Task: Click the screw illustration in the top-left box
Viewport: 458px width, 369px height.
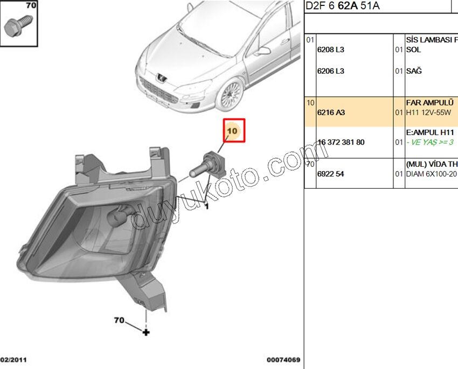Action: [x=18, y=26]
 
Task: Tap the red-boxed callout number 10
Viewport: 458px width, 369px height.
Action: [x=232, y=131]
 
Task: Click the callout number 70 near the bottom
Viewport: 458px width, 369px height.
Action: [x=119, y=320]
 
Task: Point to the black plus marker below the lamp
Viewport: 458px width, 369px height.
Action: [x=146, y=332]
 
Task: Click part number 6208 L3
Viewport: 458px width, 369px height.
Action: [x=331, y=49]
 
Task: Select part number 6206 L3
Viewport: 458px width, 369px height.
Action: [x=331, y=71]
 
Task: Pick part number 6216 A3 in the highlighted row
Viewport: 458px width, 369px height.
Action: [x=331, y=112]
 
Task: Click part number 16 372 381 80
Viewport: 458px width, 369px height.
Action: [x=341, y=143]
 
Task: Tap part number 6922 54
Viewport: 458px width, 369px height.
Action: [x=331, y=174]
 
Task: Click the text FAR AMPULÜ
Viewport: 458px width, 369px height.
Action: [x=429, y=103]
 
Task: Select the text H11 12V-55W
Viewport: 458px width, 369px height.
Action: [x=428, y=112]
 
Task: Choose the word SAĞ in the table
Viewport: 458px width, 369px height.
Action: [x=414, y=70]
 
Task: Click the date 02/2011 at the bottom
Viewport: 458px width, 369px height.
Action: [x=13, y=360]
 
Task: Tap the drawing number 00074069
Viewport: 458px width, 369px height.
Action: [x=283, y=360]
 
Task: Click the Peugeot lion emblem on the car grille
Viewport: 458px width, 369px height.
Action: [x=161, y=78]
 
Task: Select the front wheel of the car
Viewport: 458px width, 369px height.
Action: [x=231, y=95]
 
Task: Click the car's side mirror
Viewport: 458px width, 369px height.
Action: [x=262, y=51]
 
